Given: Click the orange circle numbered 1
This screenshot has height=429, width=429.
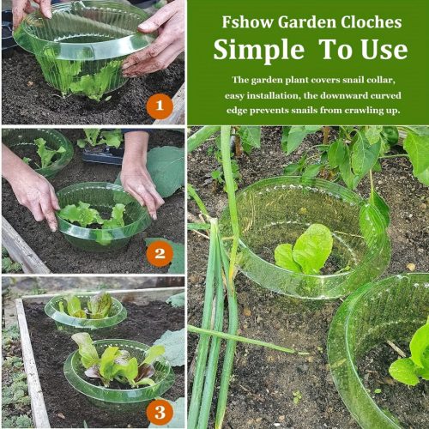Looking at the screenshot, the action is (x=160, y=106).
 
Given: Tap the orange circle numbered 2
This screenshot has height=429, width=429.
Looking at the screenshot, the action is (x=160, y=253).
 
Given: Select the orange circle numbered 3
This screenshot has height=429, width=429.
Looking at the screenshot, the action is (x=160, y=412).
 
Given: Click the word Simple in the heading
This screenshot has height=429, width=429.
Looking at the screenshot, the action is (x=259, y=51).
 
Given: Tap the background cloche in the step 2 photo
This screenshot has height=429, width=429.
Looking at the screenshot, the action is (x=38, y=153).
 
